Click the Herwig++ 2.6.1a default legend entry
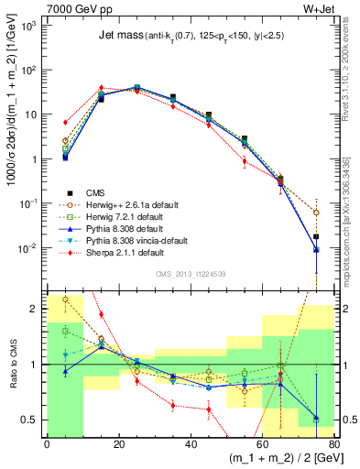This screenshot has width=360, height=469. [x=125, y=204]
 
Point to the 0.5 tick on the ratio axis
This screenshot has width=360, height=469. [x=32, y=420]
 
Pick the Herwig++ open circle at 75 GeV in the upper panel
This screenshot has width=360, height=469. [x=316, y=213]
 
